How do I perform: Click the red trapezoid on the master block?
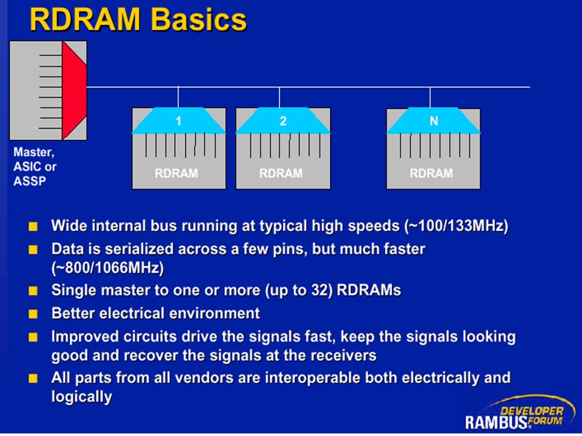click(74, 90)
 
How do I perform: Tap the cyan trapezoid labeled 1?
click(179, 121)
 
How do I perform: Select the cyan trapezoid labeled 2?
click(283, 121)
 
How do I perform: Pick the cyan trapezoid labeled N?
click(433, 121)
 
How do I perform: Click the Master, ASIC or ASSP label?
click(35, 167)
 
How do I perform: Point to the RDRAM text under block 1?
click(176, 173)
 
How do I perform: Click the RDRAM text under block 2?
click(281, 173)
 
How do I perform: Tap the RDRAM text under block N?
click(431, 173)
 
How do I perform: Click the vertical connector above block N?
click(430, 97)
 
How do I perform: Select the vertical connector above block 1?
click(178, 97)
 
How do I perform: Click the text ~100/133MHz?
click(456, 226)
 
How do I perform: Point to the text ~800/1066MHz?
click(108, 268)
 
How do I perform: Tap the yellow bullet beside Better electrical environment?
click(33, 314)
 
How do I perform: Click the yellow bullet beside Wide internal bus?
click(33, 226)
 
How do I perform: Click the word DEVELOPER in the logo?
click(532, 411)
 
